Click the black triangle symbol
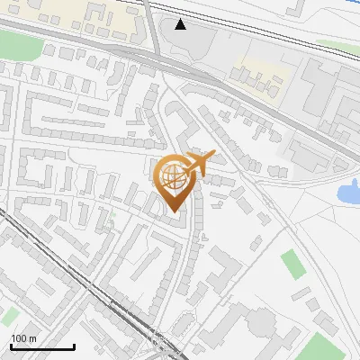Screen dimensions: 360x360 tap(182, 24)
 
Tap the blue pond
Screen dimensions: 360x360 tap(347, 191)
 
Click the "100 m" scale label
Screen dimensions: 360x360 tap(24, 337)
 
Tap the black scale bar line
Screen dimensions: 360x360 tap(42, 346)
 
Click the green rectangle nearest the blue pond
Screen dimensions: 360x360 tap(292, 264)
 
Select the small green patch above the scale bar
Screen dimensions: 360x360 tap(9, 316)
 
